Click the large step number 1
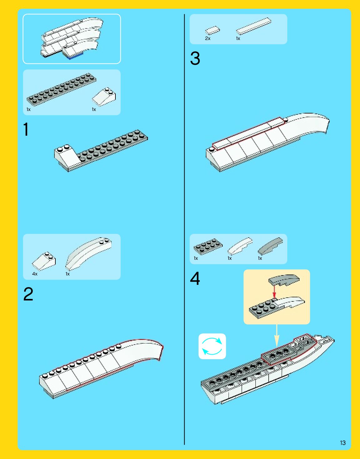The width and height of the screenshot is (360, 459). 26,129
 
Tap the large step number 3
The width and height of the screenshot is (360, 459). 195,58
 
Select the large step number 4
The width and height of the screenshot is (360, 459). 195,278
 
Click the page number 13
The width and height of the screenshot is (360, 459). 343,443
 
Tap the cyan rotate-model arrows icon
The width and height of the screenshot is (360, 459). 212,346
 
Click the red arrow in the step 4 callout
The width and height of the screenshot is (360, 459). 274,292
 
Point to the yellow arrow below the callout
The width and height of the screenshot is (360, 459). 276,335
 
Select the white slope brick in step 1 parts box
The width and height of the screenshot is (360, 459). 104,97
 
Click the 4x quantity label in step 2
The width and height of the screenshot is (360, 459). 35,274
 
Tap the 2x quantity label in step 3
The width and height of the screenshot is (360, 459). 208,38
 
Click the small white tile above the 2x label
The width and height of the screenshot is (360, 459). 212,30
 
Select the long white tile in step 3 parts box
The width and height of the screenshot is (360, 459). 254,26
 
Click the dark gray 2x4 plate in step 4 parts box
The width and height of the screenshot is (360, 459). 208,246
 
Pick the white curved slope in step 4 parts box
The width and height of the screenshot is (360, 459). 240,245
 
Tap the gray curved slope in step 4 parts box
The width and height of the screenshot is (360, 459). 270,246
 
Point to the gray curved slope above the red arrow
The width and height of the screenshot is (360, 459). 284,280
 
